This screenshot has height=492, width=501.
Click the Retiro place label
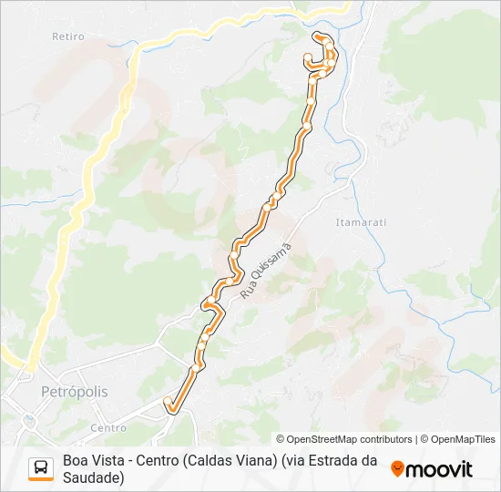click(69, 37)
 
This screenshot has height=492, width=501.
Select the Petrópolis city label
click(75, 392)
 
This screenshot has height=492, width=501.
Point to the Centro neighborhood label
click(108, 427)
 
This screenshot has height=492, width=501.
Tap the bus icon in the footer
click(41, 467)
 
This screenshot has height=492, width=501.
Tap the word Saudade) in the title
click(94, 477)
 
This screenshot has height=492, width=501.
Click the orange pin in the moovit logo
click(397, 469)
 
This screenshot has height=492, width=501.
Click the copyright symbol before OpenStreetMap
click(281, 439)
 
